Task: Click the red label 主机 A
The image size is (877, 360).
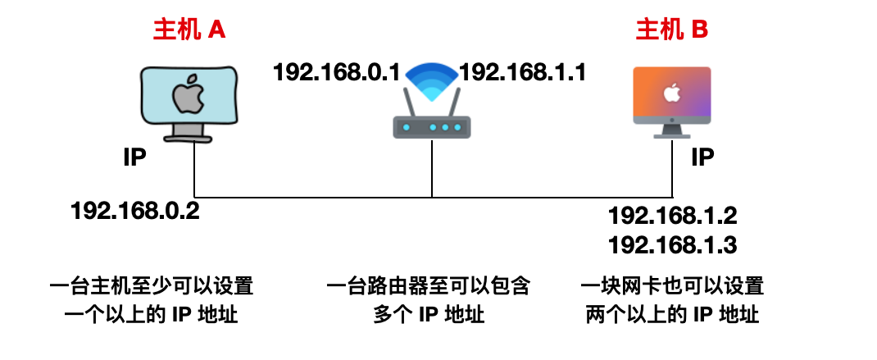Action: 189,30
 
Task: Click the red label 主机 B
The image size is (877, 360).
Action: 672,30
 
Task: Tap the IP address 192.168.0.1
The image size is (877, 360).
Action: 336,72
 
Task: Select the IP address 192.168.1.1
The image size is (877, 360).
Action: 522,72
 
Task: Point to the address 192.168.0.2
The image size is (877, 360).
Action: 136,211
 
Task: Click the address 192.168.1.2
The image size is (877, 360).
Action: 672,216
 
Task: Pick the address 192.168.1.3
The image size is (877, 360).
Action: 672,245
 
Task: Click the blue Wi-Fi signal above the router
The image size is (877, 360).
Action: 432,80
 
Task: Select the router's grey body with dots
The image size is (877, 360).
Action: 432,127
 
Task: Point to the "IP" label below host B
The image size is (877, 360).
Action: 703,157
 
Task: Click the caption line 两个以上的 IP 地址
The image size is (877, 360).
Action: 672,314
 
